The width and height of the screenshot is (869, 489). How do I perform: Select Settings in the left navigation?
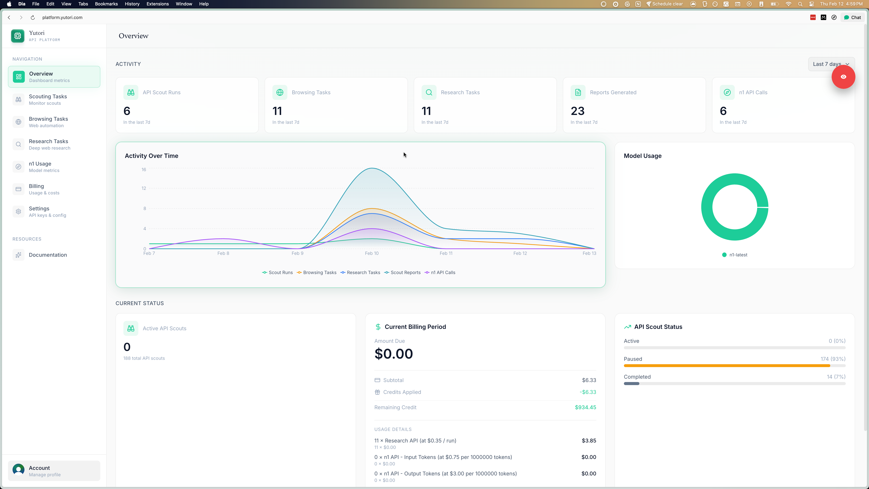(39, 212)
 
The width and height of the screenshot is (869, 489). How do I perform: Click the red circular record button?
(843, 77)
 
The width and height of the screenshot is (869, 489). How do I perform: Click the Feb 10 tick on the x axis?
(371, 253)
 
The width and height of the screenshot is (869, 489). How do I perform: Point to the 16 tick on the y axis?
(144, 170)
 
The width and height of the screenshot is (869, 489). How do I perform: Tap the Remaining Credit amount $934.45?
(585, 407)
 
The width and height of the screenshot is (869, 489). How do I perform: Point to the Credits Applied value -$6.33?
(588, 392)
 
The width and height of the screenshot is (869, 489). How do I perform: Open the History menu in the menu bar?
(132, 4)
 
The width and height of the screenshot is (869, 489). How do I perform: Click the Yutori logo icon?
(17, 36)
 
